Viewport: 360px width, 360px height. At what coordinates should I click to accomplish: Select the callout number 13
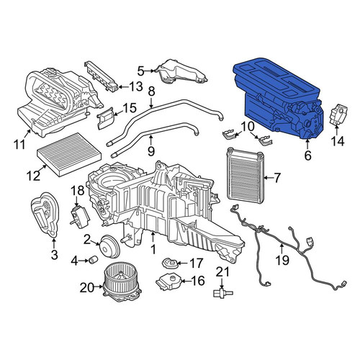(135, 86)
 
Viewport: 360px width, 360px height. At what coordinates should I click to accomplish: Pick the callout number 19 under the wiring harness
(282, 260)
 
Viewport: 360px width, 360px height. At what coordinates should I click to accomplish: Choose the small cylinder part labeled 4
(93, 260)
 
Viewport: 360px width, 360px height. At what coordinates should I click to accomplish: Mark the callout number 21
(222, 272)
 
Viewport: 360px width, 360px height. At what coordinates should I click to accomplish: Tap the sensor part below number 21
(222, 292)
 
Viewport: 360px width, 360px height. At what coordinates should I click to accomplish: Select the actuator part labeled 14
(338, 114)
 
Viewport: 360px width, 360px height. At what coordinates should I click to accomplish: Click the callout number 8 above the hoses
(152, 91)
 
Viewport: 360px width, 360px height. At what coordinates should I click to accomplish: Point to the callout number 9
(150, 151)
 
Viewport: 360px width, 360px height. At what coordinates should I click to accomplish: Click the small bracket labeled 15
(106, 118)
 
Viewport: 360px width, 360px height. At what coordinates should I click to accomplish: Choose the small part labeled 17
(169, 264)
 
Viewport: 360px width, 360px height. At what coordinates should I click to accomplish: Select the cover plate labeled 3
(45, 214)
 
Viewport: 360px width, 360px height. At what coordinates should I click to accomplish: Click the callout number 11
(19, 144)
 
